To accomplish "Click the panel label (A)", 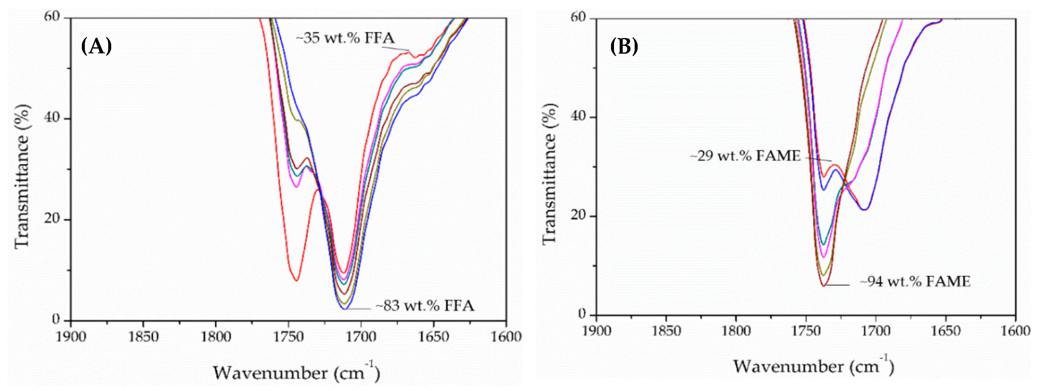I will [96, 47].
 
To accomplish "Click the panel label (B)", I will [624, 47].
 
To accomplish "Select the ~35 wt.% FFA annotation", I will [345, 38].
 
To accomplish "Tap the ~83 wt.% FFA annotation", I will [425, 306].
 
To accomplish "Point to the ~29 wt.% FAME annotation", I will [745, 156].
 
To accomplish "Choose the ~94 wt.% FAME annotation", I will [915, 282].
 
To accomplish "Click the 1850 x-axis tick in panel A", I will [143, 336].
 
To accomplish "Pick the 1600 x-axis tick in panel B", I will [1015, 331].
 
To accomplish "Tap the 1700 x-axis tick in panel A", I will [361, 336].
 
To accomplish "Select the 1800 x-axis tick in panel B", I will [736, 331].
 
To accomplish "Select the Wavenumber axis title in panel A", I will [296, 372].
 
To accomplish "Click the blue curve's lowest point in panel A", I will [344, 309].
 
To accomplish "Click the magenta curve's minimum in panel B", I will [824, 257].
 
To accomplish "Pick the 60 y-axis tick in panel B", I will [579, 18].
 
